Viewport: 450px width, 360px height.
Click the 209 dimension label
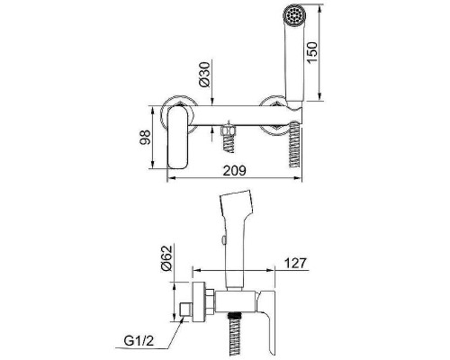click(x=234, y=170)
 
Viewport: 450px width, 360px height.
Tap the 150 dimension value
click(x=312, y=52)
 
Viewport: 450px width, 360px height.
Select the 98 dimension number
click(x=145, y=138)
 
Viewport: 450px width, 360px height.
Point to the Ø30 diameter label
click(x=204, y=75)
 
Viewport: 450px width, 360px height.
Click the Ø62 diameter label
click(x=166, y=258)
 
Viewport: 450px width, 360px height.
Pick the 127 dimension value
click(x=295, y=263)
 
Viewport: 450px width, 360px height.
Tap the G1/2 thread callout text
click(x=139, y=341)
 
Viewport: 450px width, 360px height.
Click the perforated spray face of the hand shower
click(x=294, y=13)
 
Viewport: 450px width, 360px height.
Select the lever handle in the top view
click(x=177, y=137)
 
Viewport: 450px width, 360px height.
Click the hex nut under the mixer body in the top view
click(x=228, y=130)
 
